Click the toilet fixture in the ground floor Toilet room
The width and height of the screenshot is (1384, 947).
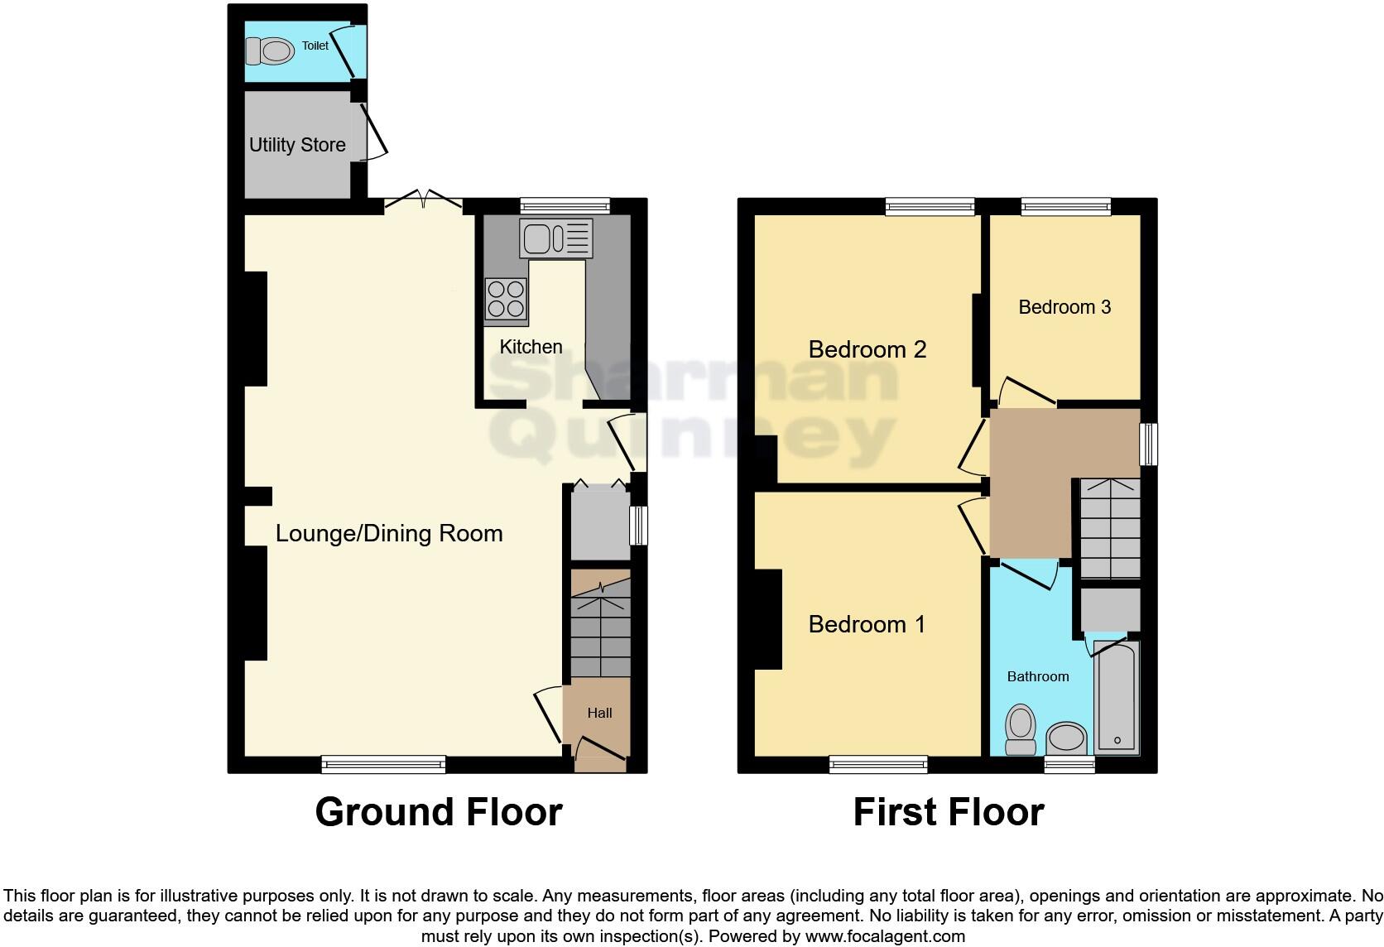click(x=272, y=52)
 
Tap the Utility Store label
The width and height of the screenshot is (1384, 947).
click(x=297, y=145)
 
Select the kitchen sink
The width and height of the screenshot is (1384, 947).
click(x=555, y=238)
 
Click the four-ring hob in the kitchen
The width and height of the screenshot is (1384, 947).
click(x=506, y=300)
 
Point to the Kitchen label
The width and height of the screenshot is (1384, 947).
click(x=531, y=347)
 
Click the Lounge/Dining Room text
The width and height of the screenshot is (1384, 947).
click(x=389, y=533)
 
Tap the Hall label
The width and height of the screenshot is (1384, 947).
click(x=599, y=713)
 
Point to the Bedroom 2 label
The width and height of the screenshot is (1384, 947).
click(x=867, y=349)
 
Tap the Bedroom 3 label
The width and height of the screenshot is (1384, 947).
click(x=1064, y=307)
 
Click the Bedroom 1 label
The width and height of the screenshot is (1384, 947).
click(x=867, y=624)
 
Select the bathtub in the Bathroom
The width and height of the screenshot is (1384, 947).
click(x=1117, y=697)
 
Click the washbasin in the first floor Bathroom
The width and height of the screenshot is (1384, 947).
click(x=1066, y=737)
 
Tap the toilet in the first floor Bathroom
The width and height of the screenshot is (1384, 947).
click(x=1021, y=729)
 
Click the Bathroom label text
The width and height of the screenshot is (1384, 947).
click(x=1037, y=676)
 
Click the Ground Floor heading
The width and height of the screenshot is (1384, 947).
click(x=438, y=812)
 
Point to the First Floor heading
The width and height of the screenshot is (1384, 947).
click(x=948, y=812)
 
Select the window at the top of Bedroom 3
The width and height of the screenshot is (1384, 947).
click(x=1065, y=206)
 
